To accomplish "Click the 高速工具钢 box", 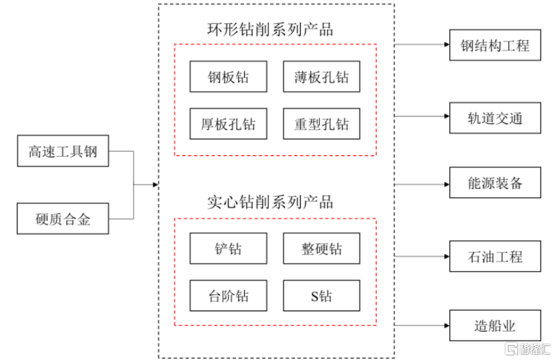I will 62,151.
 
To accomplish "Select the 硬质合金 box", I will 62,218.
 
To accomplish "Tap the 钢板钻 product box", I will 228,77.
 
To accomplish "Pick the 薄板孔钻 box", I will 321,77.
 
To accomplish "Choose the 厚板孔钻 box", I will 228,124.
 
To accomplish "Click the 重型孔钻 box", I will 321,124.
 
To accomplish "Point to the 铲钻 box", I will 228,248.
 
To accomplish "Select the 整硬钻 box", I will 321,248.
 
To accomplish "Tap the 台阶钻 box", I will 228,295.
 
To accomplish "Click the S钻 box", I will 321,295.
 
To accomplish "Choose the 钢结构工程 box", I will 495,46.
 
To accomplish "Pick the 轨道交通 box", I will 495,118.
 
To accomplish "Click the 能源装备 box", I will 495,183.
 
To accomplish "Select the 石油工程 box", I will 495,256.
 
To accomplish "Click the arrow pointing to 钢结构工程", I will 422,46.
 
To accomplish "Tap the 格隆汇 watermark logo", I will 528,349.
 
